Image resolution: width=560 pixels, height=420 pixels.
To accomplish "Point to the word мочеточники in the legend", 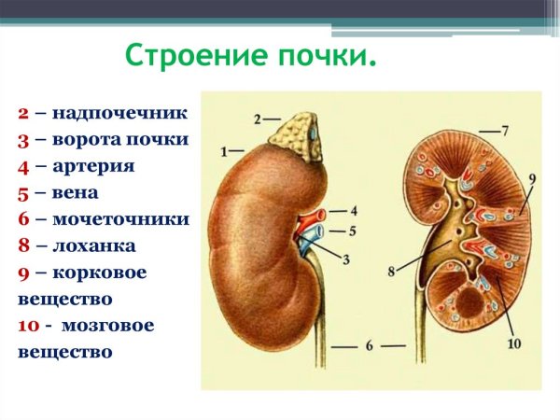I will (121, 219).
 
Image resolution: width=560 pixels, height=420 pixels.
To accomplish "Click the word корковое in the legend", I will (99, 273).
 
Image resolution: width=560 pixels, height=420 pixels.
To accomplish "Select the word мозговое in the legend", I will (104, 326).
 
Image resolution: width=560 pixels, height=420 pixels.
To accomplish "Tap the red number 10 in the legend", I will (27, 326).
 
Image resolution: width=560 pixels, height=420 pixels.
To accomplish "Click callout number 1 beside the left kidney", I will (224, 150).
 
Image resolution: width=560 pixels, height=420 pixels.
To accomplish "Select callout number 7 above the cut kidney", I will (504, 128).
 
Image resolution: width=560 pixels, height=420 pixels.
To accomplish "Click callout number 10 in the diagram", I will (514, 343).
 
